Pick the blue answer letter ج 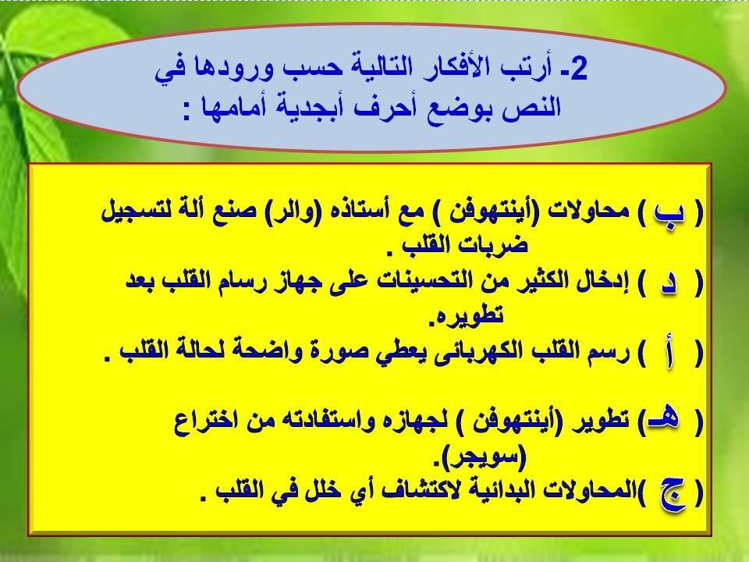674,495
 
